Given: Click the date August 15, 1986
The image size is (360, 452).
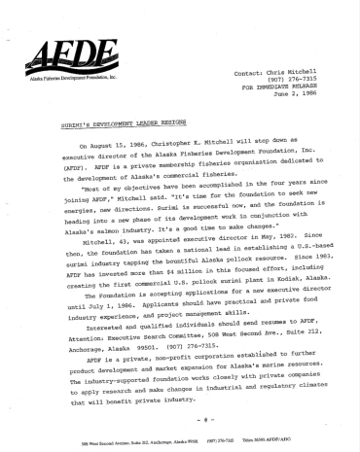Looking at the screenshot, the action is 112,146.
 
